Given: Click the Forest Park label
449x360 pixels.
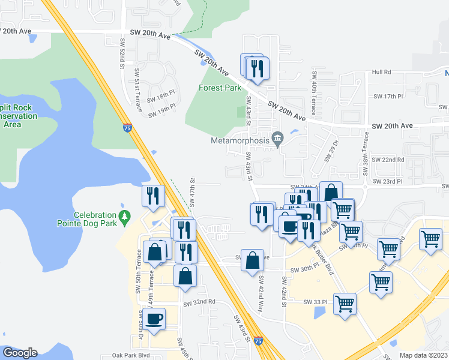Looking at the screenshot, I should tap(220, 88).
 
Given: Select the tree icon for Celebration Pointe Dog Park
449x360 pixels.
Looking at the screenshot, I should tap(125, 215).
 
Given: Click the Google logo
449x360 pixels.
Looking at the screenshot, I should tap(20, 353).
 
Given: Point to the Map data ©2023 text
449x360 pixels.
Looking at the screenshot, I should tap(424, 355).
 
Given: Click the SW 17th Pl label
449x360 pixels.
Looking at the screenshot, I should tap(387, 96).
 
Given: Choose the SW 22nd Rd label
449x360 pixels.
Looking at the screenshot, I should tap(388, 160).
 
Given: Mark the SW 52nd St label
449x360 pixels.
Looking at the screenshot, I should tap(122, 53).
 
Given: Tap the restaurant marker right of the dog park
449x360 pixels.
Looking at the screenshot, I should tap(153, 195).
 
